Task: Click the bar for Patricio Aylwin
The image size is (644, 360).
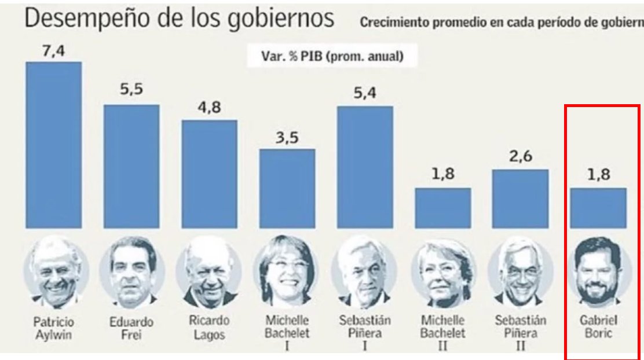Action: click(53, 145)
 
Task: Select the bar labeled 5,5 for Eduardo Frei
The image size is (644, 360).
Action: click(131, 166)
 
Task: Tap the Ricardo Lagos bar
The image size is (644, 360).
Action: click(210, 174)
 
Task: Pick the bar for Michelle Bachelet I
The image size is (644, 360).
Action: click(287, 188)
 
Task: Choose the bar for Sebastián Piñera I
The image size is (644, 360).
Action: click(365, 167)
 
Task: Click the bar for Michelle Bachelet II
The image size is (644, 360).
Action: click(443, 208)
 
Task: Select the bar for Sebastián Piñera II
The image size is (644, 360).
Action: click(520, 199)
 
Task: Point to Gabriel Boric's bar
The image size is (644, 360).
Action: click(598, 208)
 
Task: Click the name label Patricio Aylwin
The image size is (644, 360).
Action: click(53, 327)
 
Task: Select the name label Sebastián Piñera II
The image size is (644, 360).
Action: click(519, 332)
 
